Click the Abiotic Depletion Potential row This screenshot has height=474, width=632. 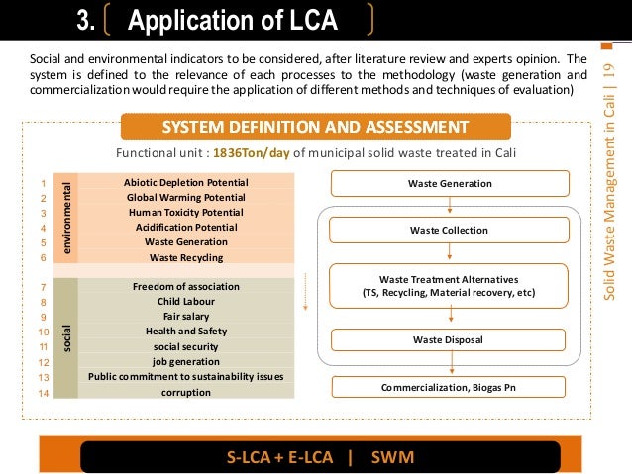point(186,183)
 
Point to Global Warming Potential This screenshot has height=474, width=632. point(186,198)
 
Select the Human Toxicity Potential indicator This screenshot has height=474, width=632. point(186,213)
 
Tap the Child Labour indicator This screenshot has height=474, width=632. point(186,302)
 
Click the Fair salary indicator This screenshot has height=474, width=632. point(186,317)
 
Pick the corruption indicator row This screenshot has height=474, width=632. point(186,392)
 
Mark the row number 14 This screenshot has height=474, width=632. point(44,393)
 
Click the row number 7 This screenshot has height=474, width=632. point(44,287)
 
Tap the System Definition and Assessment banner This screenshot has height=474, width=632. point(315,127)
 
